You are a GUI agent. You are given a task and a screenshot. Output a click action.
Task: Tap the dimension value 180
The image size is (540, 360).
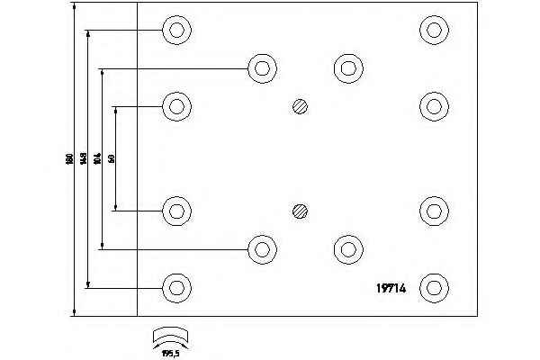[69, 159]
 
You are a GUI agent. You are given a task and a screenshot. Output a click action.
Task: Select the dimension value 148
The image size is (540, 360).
[84, 159]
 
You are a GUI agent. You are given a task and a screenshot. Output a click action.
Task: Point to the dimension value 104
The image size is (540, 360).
[97, 159]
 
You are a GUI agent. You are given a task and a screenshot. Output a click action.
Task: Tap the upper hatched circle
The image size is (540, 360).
[301, 107]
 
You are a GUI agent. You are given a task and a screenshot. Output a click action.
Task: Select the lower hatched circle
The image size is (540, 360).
[301, 211]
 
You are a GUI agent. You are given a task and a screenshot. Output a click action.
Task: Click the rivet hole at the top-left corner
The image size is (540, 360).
[176, 30]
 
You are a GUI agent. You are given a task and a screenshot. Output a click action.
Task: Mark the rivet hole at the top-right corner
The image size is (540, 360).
[434, 30]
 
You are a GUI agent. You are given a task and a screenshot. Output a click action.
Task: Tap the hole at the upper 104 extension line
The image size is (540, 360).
[261, 68]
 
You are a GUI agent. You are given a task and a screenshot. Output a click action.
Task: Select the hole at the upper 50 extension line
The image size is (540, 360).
[176, 107]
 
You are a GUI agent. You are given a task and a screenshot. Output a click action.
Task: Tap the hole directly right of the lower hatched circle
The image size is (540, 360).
[434, 210]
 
